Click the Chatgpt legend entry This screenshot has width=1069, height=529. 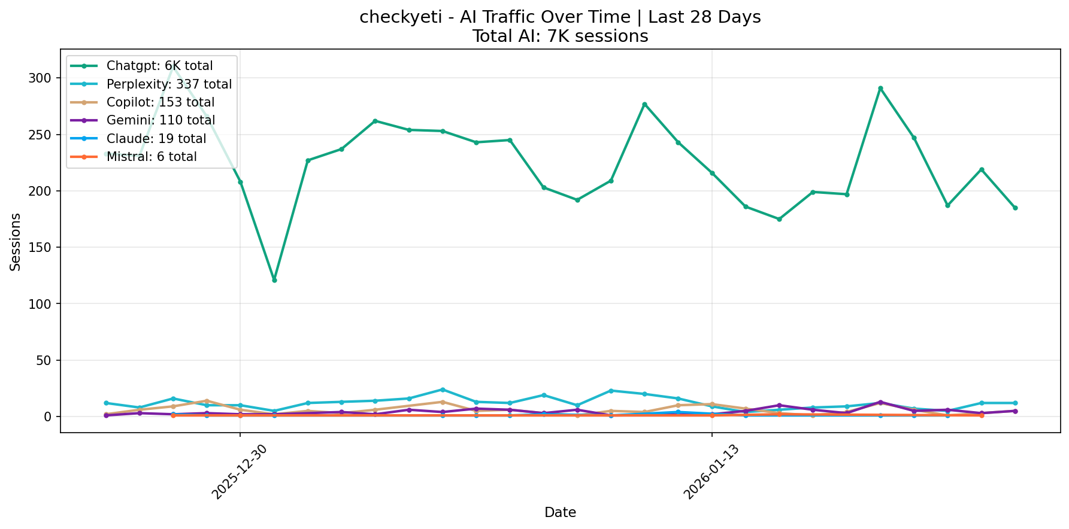point(159,66)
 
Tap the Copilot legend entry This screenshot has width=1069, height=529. point(160,102)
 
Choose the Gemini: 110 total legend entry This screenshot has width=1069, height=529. point(160,120)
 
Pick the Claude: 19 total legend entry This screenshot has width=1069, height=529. point(156,139)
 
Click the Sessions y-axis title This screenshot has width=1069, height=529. point(16,242)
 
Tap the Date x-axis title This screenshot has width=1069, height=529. point(560,512)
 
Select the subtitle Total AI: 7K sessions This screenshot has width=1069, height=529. point(560,37)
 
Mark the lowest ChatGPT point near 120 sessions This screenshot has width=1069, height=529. point(274,280)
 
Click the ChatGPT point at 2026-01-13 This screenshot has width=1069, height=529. point(712,173)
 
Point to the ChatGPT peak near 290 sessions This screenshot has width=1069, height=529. point(880,88)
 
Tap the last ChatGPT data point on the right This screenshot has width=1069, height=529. point(1015,208)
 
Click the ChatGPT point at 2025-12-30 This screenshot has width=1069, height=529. point(240,182)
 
